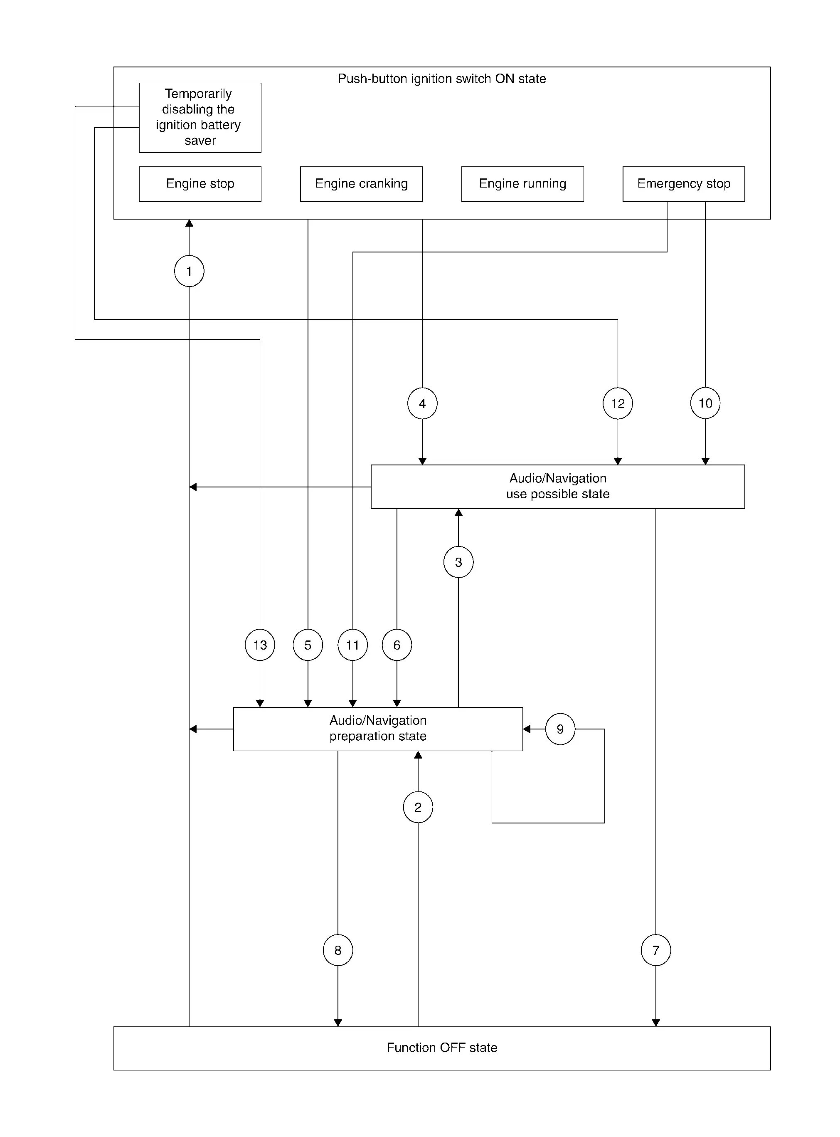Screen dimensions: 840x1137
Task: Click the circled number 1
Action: coord(189,271)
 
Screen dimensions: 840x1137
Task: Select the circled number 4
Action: coord(422,403)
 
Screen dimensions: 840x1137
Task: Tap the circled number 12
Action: coord(618,403)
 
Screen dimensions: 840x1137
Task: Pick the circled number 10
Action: coord(705,403)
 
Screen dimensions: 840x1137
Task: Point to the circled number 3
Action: coord(458,562)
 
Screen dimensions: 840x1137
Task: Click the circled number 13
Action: coord(260,645)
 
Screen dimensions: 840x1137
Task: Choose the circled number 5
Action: coord(308,645)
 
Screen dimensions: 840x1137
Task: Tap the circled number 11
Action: coord(352,645)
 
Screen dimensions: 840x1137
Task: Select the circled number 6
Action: coord(397,645)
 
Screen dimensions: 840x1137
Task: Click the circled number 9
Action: coord(560,729)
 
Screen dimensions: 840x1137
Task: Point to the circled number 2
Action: coord(418,807)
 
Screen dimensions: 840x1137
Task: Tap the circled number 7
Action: coord(656,950)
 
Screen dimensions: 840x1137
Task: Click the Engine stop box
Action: coord(200,184)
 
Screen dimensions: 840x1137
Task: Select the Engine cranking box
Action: coord(362,184)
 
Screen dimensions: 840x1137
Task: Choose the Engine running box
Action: coord(523,184)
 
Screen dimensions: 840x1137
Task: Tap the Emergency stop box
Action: coord(684,184)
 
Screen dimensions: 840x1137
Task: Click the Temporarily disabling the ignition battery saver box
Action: coord(200,118)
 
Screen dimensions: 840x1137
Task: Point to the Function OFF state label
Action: coord(442,1048)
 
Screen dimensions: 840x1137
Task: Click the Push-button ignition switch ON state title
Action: coord(442,79)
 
